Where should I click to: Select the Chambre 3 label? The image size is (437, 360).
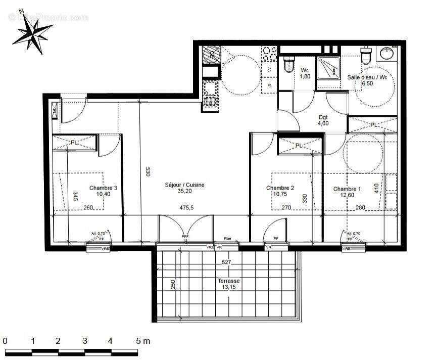(x=103, y=188)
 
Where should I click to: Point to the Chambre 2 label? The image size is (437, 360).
(x=280, y=188)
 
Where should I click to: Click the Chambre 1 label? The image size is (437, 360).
(x=347, y=189)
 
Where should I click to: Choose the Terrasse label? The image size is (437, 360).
(x=229, y=281)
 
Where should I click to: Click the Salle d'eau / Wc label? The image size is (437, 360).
(x=367, y=77)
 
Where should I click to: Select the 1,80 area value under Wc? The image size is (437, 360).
(x=305, y=76)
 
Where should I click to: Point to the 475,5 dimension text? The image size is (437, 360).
(x=186, y=207)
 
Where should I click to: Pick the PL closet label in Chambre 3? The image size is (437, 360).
(x=74, y=143)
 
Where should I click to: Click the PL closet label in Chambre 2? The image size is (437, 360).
(x=299, y=146)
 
